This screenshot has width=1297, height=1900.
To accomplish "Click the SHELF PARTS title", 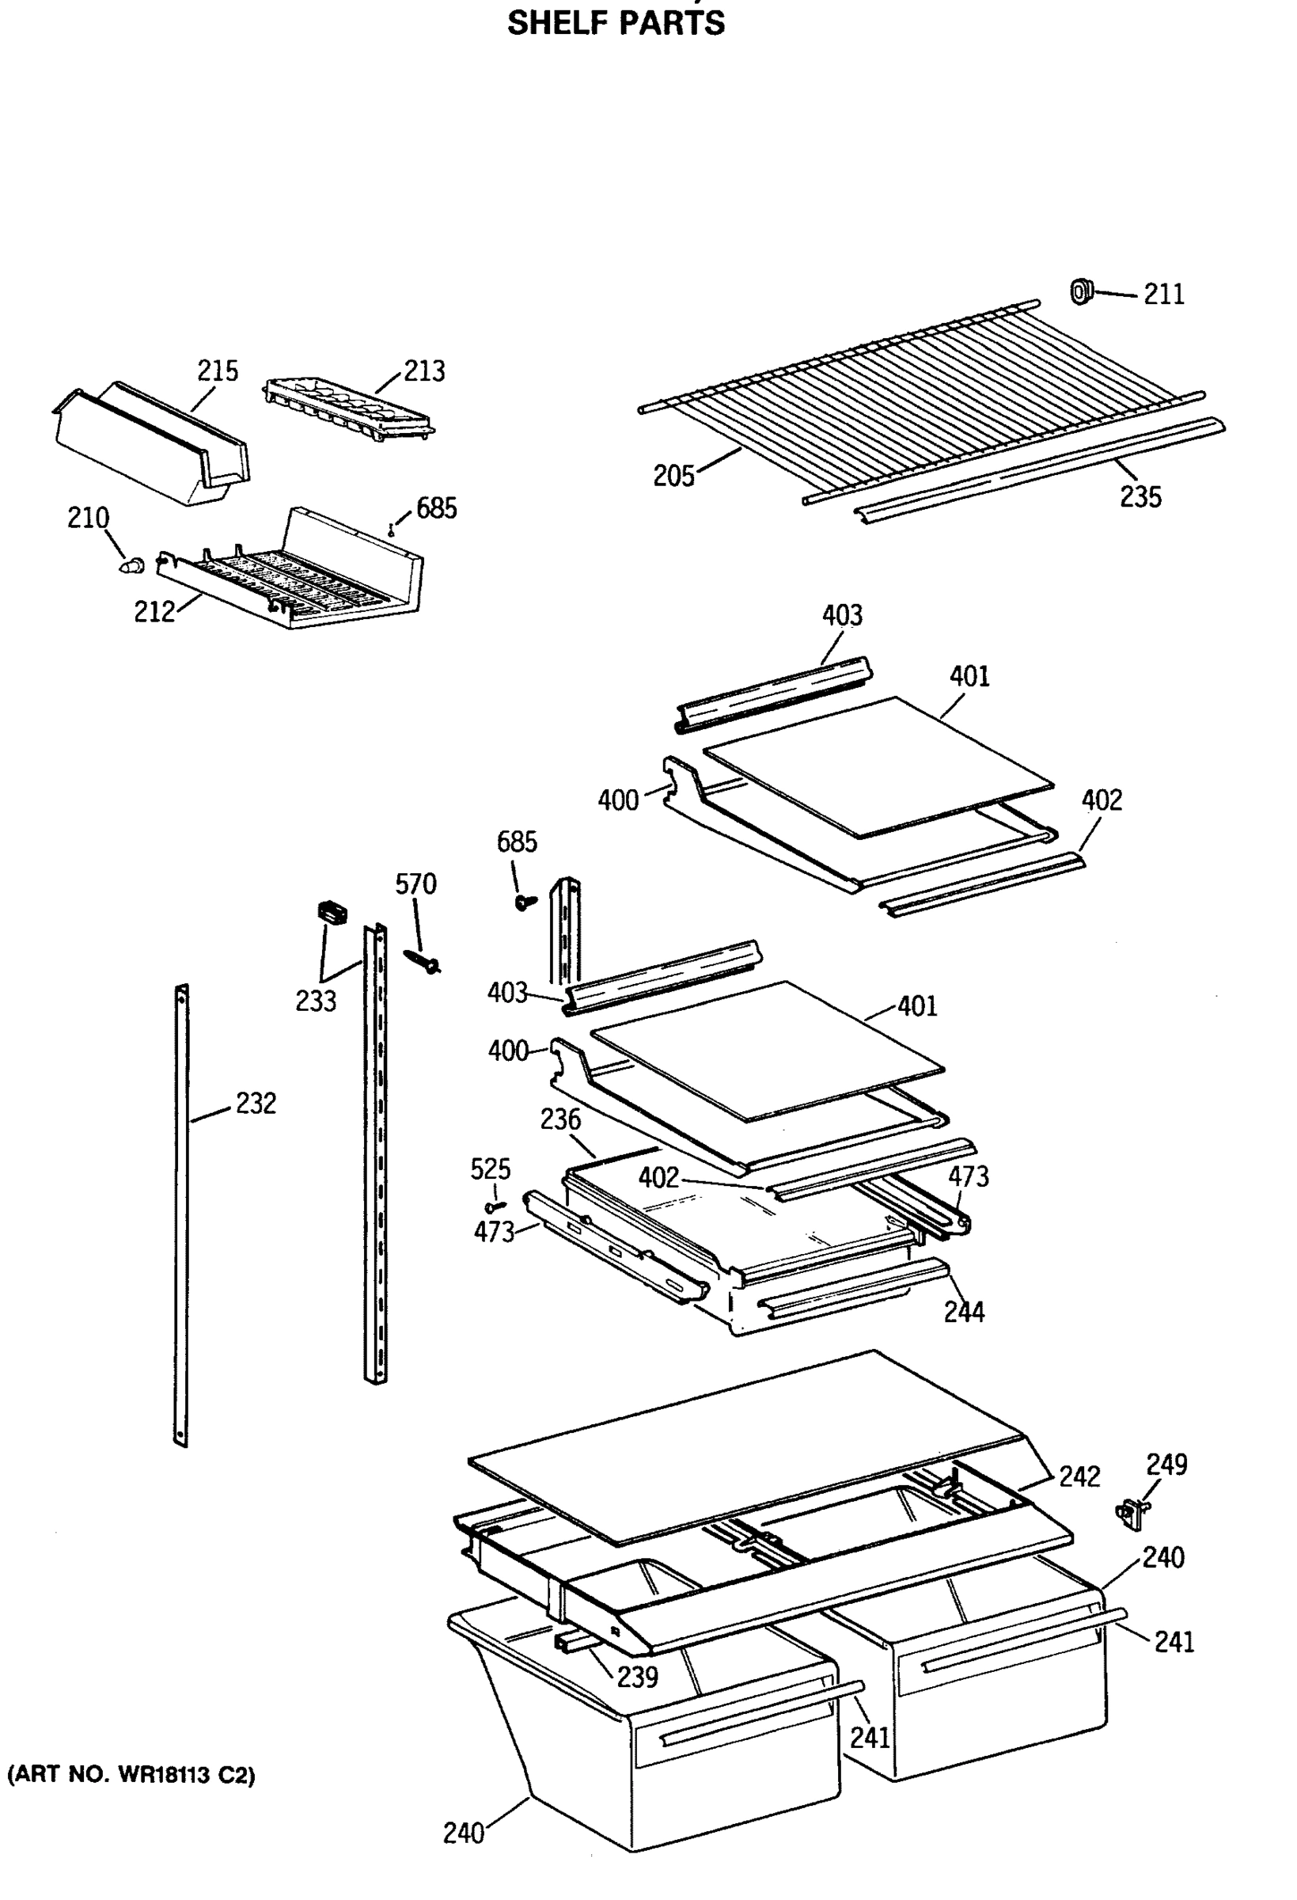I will click(616, 23).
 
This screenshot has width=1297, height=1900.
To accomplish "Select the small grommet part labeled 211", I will click(1081, 291).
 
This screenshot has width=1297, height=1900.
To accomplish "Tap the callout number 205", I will click(673, 476).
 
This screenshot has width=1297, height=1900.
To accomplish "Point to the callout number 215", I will click(218, 371).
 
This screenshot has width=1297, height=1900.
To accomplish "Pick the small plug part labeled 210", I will click(131, 564).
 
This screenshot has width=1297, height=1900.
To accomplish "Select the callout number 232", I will click(256, 1104).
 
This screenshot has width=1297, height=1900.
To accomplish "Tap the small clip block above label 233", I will click(331, 911).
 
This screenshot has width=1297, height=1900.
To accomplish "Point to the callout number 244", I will click(965, 1312).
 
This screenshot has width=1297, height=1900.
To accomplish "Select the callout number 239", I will click(638, 1677).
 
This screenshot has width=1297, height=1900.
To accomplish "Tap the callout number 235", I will click(1140, 497).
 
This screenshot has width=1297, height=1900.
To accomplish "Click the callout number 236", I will click(560, 1119).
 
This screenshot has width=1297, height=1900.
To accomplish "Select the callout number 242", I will click(1079, 1476).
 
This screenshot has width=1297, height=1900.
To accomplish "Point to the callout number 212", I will click(154, 611).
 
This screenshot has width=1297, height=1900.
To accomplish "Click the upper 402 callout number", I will click(1102, 800).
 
